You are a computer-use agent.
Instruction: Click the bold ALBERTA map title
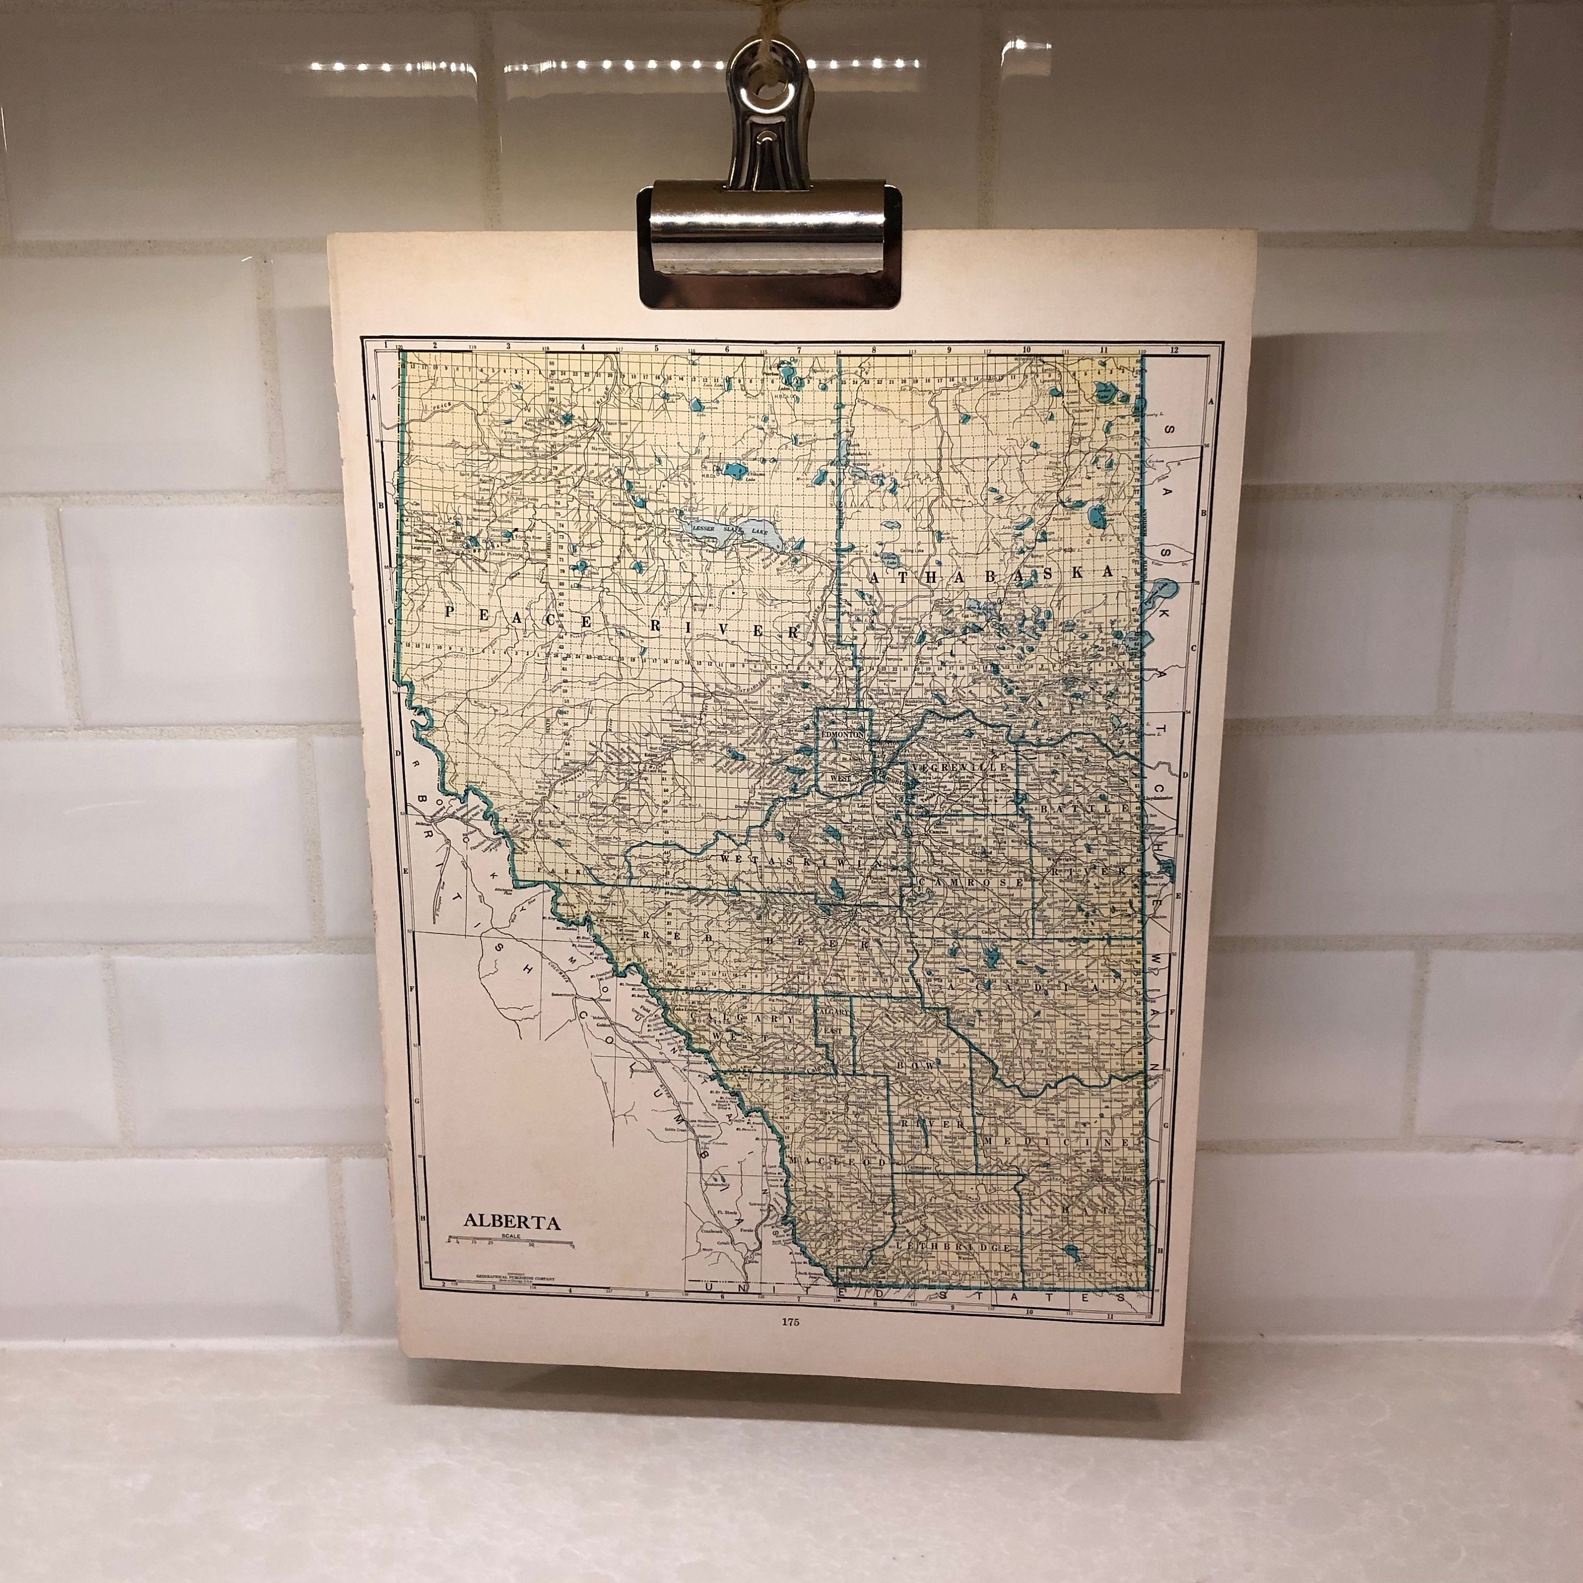[x=512, y=1222]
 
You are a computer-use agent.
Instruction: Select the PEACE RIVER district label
[x=623, y=623]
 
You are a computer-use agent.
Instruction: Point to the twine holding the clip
[x=769, y=21]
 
